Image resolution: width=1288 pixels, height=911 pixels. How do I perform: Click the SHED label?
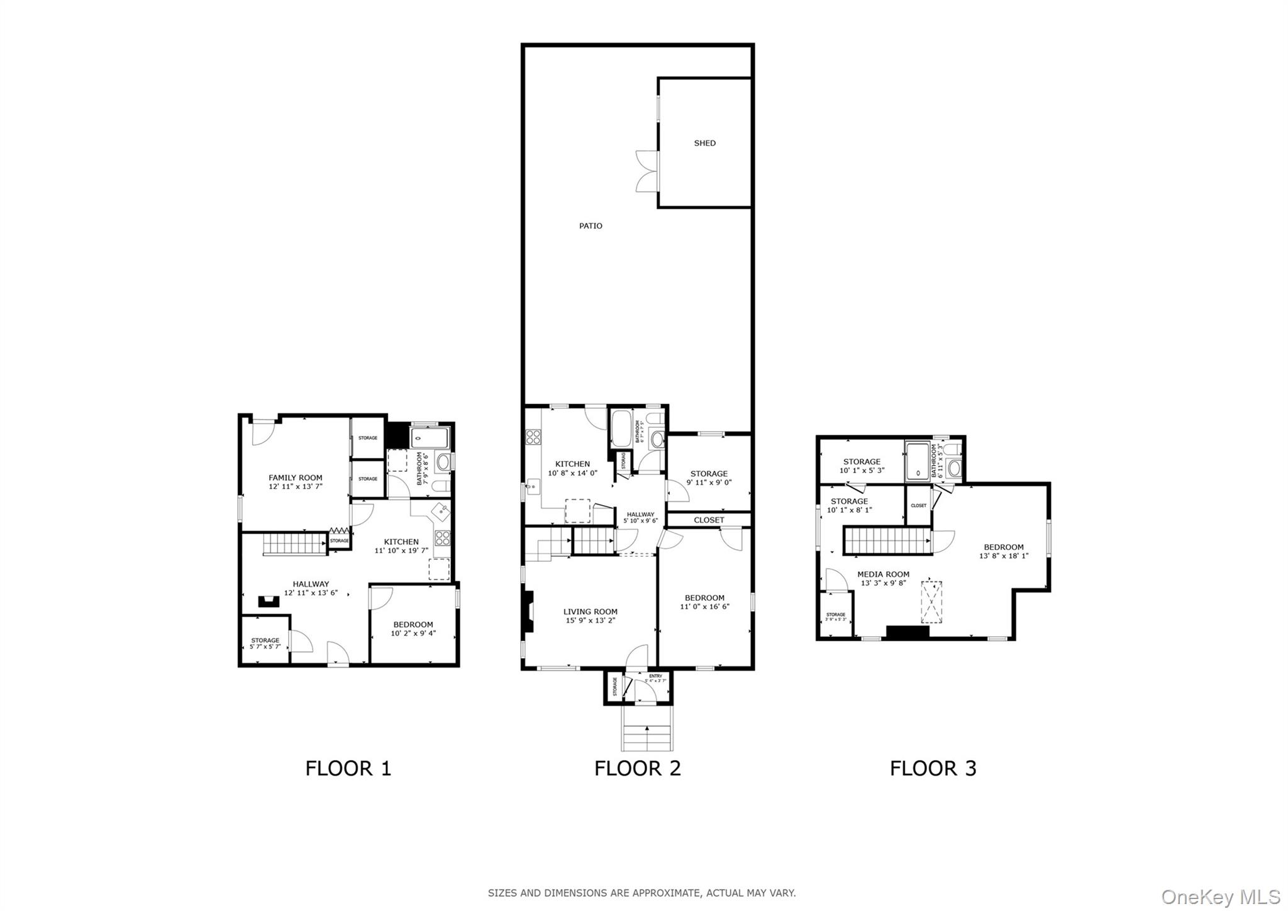click(704, 143)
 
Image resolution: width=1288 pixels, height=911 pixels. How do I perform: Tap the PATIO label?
click(591, 226)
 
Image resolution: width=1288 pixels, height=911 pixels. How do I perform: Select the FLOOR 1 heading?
click(348, 768)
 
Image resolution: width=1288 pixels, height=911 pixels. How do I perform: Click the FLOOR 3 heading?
click(933, 768)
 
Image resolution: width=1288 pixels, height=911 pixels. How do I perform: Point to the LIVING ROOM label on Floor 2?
click(590, 612)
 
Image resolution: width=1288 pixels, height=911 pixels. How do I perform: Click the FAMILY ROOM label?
click(295, 478)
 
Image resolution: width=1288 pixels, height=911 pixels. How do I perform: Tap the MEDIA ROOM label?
click(883, 574)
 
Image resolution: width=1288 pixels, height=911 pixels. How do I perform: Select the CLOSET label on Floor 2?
click(709, 520)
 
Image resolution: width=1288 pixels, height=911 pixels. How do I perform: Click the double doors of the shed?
click(647, 171)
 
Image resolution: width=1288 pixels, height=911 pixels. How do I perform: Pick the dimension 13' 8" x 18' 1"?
click(1004, 556)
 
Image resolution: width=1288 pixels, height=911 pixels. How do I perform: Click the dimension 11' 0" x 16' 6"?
click(704, 607)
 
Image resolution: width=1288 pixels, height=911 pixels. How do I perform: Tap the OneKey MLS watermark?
click(1221, 896)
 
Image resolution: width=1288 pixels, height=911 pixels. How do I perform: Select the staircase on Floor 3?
click(887, 540)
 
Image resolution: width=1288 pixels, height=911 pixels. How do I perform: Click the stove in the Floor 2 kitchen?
click(533, 437)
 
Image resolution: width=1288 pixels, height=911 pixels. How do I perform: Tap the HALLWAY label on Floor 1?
click(310, 584)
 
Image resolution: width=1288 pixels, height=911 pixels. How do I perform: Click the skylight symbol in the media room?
click(931, 602)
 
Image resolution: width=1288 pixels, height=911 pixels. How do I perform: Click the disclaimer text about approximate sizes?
click(641, 893)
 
